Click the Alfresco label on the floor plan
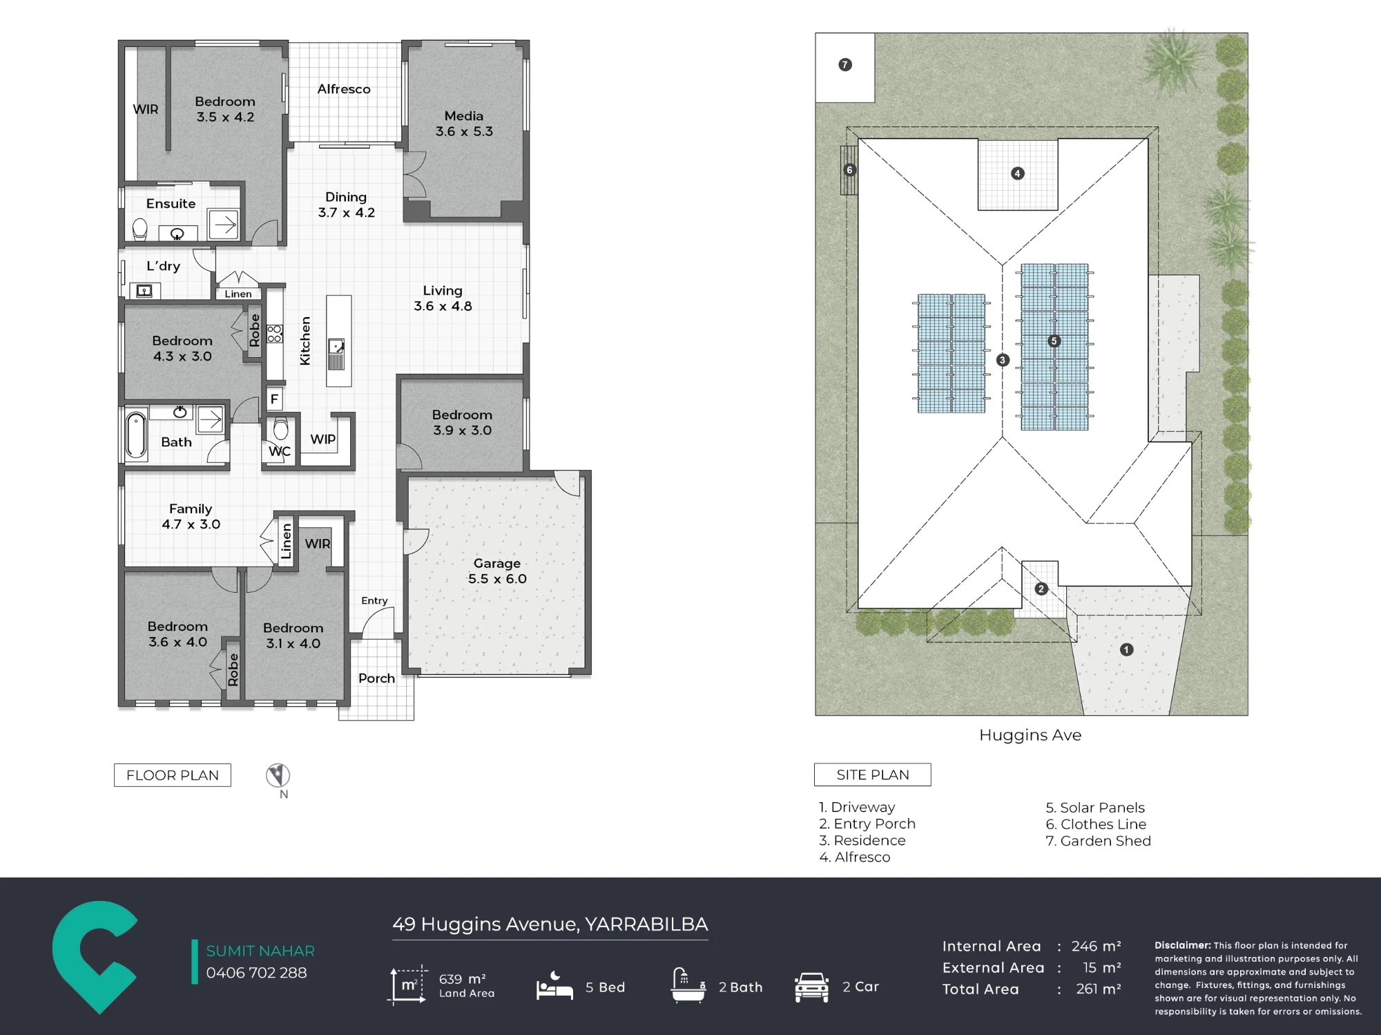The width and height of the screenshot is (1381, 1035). [344, 89]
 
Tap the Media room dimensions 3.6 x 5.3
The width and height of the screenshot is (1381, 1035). [464, 131]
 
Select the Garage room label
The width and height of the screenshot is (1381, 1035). [497, 563]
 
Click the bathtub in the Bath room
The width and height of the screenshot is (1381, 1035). [136, 435]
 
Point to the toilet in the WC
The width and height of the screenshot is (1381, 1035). [280, 428]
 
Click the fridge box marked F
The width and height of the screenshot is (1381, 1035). [274, 399]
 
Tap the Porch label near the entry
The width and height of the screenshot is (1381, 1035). [376, 678]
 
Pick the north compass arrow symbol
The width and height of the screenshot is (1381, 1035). [278, 775]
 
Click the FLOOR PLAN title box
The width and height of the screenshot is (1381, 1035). [173, 775]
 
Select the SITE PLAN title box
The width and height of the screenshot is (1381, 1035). [873, 775]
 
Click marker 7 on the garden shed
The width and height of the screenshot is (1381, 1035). [845, 65]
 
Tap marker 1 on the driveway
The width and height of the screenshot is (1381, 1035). [1126, 649]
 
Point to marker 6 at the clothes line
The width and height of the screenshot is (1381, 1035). [850, 170]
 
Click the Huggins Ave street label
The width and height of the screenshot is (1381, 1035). [1030, 735]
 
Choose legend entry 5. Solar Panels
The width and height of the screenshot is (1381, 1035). [1095, 807]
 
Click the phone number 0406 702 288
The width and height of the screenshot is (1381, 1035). [256, 973]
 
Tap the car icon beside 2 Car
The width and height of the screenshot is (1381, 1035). [811, 987]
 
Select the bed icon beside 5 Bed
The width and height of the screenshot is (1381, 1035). [554, 986]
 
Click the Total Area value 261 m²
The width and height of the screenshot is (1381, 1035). [1099, 989]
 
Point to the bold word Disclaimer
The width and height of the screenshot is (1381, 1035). [1183, 945]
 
